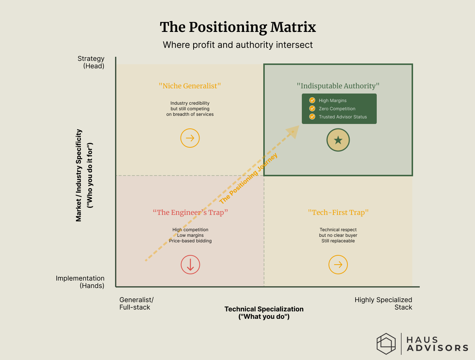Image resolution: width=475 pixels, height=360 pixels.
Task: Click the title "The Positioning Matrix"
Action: (x=238, y=27)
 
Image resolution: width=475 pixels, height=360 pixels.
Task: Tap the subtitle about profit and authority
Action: (x=238, y=45)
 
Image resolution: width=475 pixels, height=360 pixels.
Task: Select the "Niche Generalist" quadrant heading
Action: (x=190, y=86)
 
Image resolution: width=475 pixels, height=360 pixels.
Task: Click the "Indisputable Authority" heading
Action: (x=338, y=86)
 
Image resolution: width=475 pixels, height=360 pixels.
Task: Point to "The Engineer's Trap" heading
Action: (x=190, y=212)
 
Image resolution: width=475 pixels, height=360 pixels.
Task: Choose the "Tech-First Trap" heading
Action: (x=338, y=212)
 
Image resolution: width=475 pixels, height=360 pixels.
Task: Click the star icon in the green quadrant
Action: (x=338, y=140)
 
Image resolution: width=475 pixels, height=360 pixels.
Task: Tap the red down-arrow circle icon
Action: (x=190, y=265)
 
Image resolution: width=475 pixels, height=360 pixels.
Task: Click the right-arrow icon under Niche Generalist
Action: (x=190, y=138)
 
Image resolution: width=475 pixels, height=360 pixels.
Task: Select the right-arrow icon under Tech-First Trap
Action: (x=338, y=265)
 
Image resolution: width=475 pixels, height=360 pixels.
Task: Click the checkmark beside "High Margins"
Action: (x=312, y=100)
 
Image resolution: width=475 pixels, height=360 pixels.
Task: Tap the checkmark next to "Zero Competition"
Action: (x=312, y=108)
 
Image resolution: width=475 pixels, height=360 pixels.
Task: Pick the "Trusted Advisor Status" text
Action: (x=343, y=117)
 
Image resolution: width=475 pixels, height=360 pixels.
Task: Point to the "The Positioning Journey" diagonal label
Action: (x=248, y=179)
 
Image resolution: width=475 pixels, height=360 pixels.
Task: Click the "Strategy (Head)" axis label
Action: (x=91, y=62)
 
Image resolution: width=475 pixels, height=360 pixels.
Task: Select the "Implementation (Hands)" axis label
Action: (x=80, y=282)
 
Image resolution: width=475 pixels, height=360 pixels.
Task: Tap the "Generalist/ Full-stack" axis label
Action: (x=136, y=304)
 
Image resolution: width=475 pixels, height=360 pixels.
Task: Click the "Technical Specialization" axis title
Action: (x=264, y=309)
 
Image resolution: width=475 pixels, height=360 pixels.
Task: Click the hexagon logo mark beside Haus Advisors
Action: (x=386, y=343)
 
